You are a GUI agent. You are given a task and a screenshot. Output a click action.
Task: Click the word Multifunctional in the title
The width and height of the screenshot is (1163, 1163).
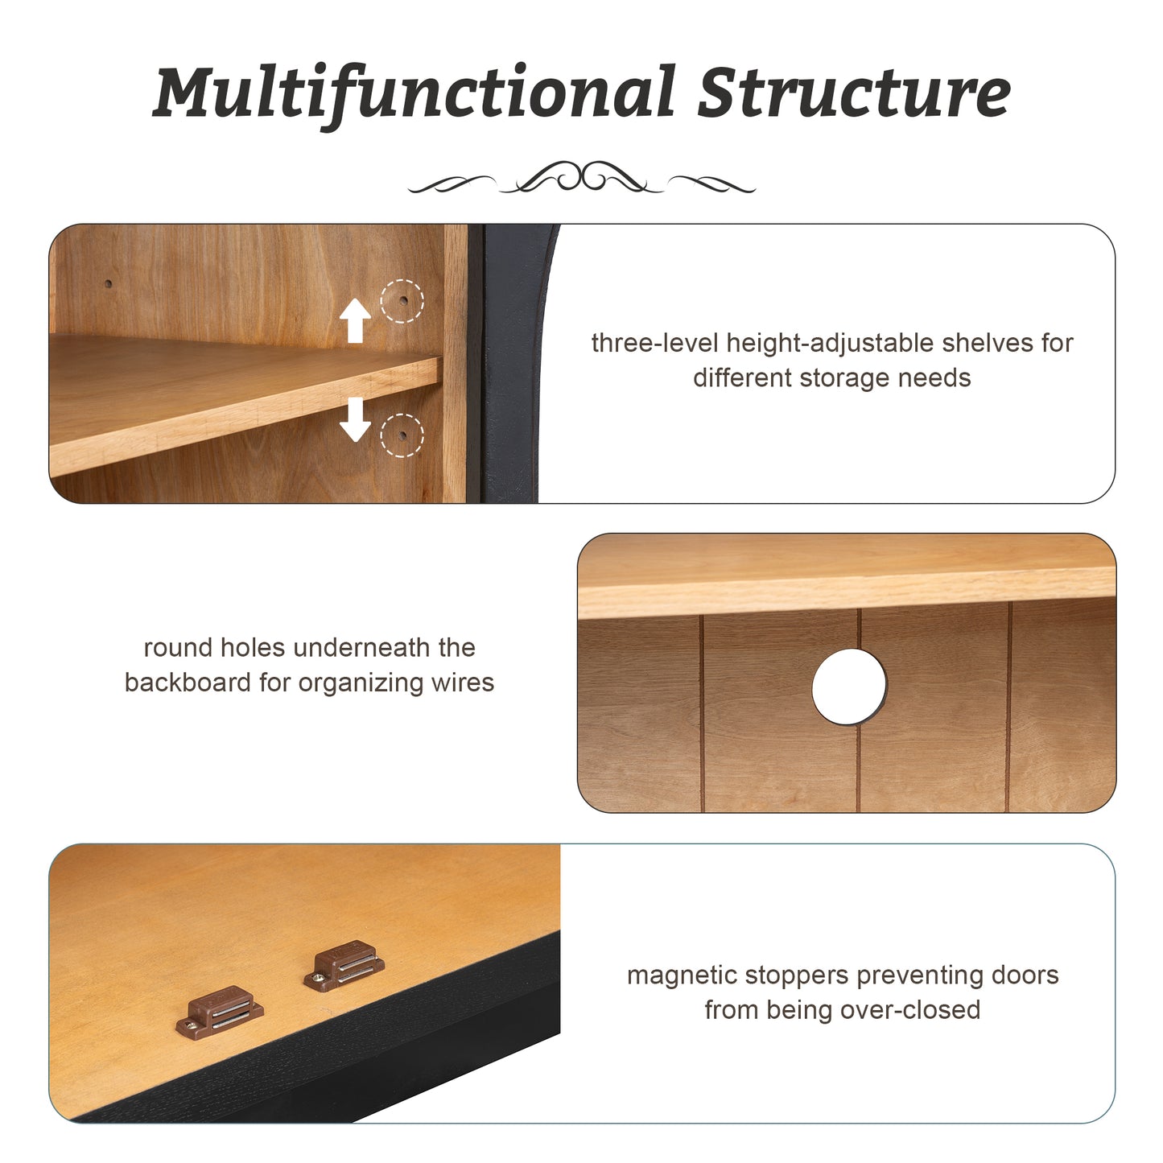414,93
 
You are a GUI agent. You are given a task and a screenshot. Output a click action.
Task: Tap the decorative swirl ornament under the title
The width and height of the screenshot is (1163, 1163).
582,177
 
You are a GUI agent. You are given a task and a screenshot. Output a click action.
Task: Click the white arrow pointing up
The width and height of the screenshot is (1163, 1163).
355,320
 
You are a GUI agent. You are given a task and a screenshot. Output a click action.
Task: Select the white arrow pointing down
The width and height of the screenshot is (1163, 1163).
355,419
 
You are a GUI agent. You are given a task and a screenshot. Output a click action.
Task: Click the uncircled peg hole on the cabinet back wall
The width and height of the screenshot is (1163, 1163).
109,283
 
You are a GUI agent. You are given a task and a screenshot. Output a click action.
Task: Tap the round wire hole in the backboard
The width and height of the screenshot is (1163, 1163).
849,687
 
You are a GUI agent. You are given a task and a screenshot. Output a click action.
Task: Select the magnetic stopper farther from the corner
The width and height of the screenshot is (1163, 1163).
344,966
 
